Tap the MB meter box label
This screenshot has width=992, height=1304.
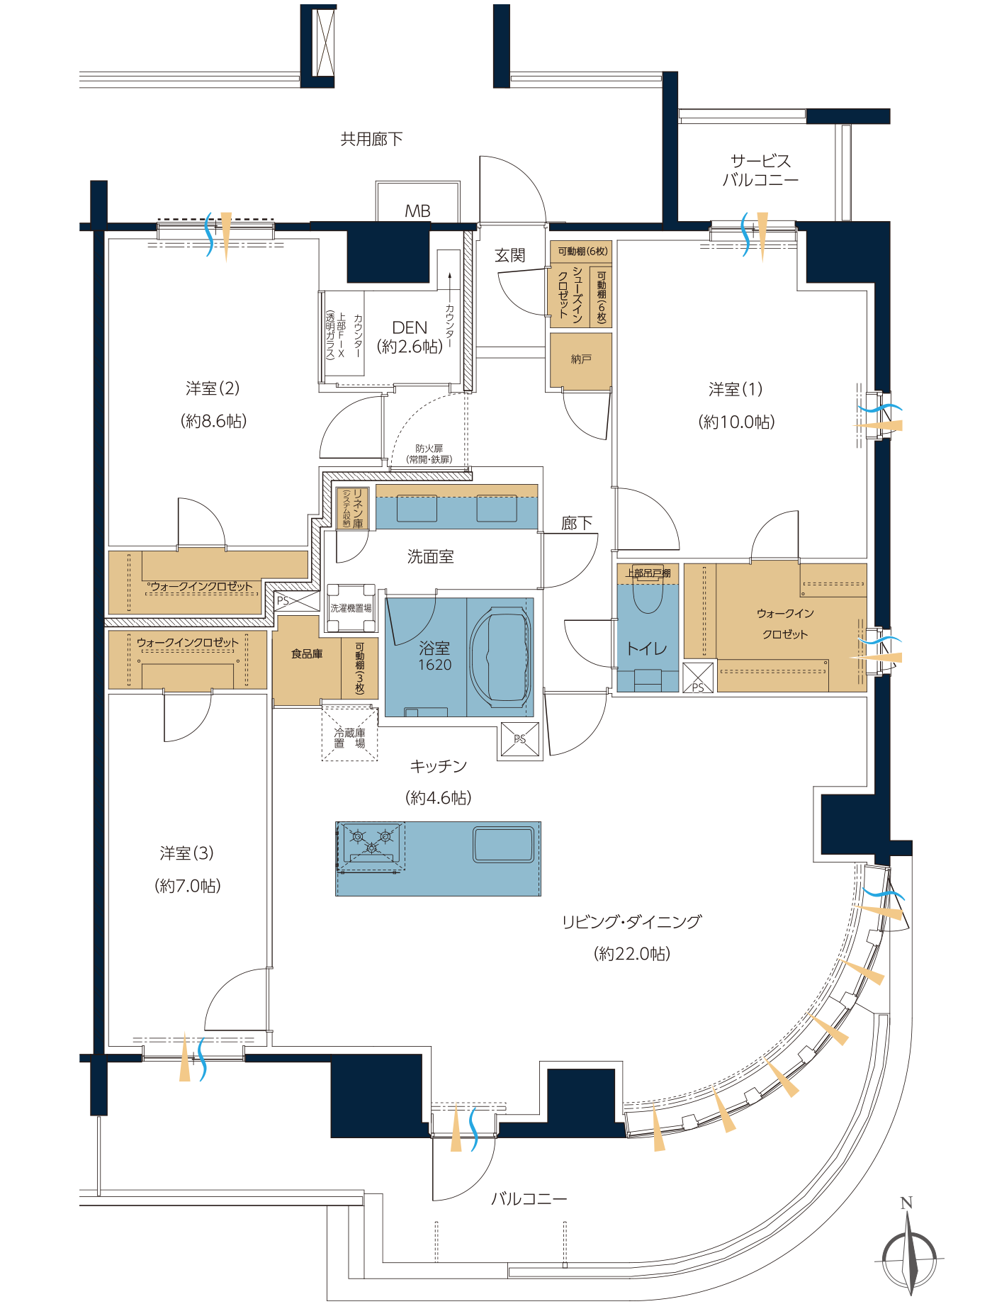coord(417,210)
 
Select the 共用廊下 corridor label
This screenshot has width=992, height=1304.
coord(371,139)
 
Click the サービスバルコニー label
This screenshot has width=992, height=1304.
coord(760,170)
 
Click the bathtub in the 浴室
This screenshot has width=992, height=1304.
coord(500,656)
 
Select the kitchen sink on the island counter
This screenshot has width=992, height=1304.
coord(503,845)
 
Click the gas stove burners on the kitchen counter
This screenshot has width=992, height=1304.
coord(371,843)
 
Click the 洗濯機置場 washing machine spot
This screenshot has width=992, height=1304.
coord(351,607)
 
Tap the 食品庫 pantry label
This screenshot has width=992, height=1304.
coord(307,653)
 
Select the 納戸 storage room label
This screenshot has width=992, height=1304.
coord(581,359)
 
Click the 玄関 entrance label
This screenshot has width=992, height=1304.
coord(510,255)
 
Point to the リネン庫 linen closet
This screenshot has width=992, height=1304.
coord(352,508)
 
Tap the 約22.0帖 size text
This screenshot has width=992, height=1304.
coord(632,954)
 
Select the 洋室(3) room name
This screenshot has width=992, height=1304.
coord(186,853)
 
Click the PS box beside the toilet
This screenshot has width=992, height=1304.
coord(698,678)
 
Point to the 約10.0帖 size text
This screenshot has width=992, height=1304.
coord(737,422)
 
